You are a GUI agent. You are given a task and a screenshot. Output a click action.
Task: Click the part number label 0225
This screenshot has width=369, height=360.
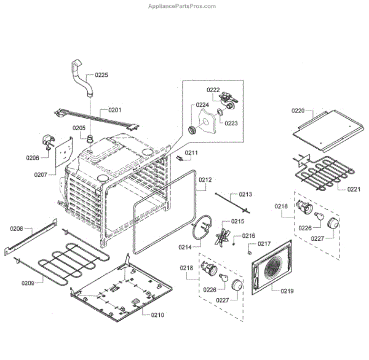tap(101, 75)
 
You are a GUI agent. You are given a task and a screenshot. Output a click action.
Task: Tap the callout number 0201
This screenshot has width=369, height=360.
tap(115, 111)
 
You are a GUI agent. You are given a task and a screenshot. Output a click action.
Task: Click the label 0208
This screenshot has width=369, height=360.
tap(17, 229)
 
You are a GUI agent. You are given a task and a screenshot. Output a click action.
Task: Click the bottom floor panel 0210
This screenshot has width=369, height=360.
tap(123, 289)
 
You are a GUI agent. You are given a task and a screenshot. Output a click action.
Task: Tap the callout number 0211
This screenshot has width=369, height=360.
tap(191, 152)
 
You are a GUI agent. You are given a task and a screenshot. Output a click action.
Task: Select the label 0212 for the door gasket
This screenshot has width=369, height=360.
tap(205, 180)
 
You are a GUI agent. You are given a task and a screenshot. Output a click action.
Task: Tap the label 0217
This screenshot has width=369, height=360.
tap(264, 243)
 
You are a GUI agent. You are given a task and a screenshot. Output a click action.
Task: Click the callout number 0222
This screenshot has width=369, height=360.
tap(213, 90)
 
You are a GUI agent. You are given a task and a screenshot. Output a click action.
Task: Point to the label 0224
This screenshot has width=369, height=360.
tap(203, 105)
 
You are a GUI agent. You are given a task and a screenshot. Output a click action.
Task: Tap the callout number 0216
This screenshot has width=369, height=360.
tap(248, 235)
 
